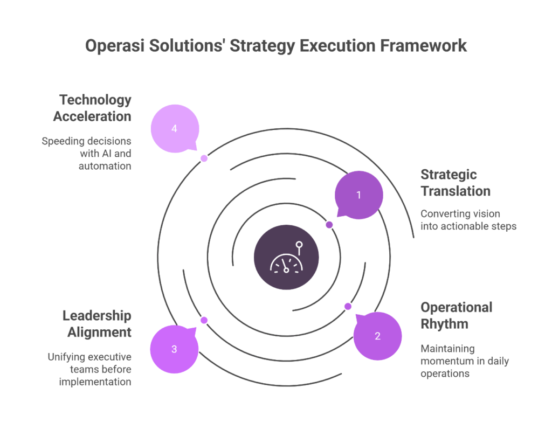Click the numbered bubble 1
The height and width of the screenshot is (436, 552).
358,195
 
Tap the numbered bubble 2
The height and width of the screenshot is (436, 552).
377,336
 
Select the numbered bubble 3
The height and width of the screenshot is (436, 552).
174,349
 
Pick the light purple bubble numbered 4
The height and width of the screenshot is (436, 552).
175,128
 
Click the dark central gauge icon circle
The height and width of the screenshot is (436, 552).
286,257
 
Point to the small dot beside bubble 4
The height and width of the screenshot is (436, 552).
204,158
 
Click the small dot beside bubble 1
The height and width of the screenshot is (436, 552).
329,225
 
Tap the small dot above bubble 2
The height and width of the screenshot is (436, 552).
348,307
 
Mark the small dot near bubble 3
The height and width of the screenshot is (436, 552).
204,320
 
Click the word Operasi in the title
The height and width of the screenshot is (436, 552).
115,46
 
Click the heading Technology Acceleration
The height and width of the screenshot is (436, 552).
92,108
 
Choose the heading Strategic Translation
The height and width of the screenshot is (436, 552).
456,183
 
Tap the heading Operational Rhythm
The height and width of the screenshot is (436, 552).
456,316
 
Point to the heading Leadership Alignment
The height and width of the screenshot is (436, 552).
97,324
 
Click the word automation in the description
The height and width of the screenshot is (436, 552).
105,166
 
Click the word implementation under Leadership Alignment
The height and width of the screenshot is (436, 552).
95,382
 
